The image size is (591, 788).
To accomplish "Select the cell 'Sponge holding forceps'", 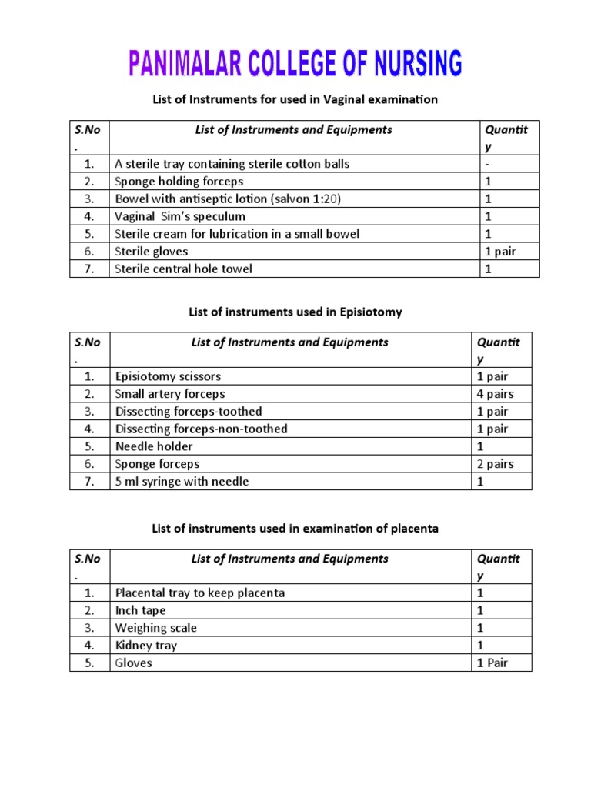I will click(179, 182).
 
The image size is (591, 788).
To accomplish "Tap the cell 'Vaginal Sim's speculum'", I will click(180, 216).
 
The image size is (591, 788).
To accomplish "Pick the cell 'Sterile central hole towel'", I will click(183, 269).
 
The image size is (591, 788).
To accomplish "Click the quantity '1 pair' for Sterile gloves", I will click(499, 251).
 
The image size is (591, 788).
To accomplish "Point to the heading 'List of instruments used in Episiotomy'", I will click(295, 312).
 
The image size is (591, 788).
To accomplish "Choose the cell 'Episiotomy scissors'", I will click(168, 376).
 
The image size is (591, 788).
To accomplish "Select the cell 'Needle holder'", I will click(154, 446).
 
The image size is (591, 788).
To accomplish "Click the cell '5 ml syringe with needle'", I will click(182, 482).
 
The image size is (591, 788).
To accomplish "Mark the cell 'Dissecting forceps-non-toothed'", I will click(201, 429).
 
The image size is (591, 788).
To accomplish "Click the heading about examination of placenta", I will click(295, 528).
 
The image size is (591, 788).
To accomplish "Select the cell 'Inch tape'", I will click(141, 610).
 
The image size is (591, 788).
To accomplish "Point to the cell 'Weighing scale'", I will click(156, 628).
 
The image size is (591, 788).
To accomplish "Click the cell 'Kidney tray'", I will click(146, 646).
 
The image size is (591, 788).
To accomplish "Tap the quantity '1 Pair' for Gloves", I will click(492, 663).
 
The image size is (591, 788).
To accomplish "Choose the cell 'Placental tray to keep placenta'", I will click(200, 593).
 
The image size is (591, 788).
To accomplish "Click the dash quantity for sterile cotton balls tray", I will click(486, 164).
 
